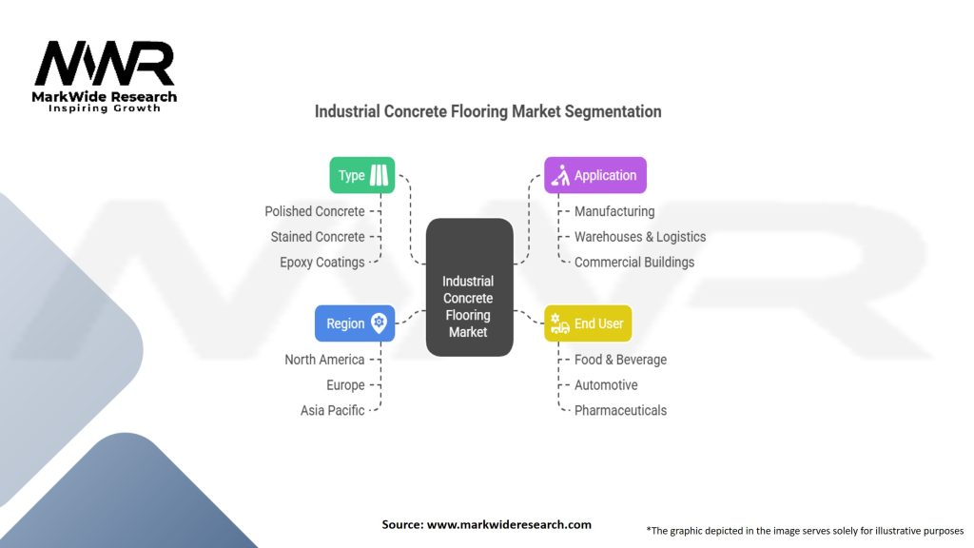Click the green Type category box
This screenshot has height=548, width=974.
coord(361,175)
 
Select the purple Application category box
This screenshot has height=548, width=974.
coord(595,175)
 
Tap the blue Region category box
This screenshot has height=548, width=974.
coord(355,323)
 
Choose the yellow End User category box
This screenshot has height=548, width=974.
coord(588,323)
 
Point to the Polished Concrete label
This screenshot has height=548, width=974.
coord(315,211)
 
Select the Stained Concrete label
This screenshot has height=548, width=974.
coord(318,237)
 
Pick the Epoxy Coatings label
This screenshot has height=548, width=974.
coord(322,263)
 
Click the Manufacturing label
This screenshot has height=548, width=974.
coord(614,211)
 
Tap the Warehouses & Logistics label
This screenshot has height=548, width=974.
coord(640,237)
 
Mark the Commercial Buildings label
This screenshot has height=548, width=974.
coord(634,263)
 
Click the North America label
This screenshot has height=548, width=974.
coord(324,360)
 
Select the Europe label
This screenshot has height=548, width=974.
coord(345,385)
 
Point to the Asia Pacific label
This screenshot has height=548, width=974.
coord(333,411)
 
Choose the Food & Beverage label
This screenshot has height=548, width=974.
coord(620,360)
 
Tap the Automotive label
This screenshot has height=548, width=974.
coord(606,385)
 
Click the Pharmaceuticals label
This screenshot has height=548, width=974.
coord(620,411)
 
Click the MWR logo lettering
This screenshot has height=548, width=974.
coord(105,65)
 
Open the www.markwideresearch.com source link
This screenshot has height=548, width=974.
coord(509,524)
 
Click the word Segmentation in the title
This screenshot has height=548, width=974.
coord(613,111)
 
